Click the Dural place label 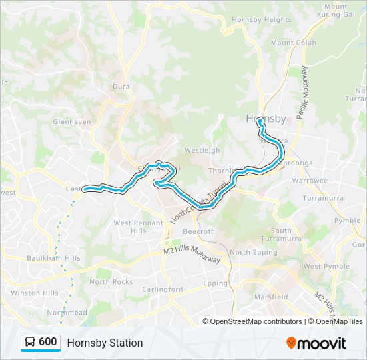pos(122,87)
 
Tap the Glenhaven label pos(71,122)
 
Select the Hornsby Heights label pos(252,20)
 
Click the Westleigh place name pos(202,151)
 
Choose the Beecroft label pos(198,231)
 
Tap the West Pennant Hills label pos(139,227)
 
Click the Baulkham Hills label pos(53,258)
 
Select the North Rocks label pos(111,282)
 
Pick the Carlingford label pos(163,289)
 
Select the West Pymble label pos(326,267)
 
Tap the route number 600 pos(48,342)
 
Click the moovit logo pos(316,343)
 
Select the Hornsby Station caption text pos(105,343)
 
